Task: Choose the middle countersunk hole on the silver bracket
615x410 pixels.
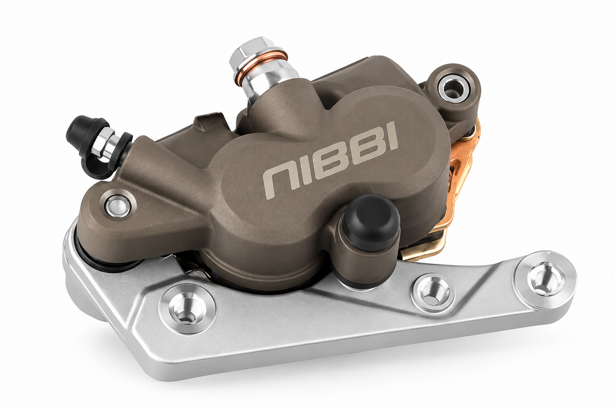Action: pyautogui.click(x=432, y=292)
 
